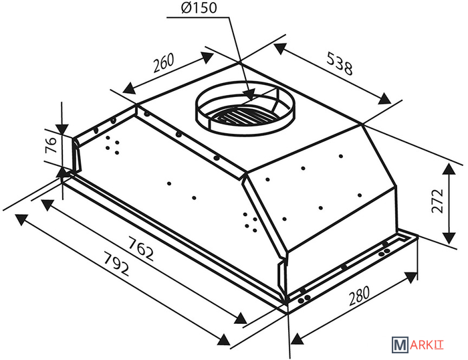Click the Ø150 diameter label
(x=199, y=9)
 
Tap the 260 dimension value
(x=164, y=63)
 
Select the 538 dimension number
(x=340, y=64)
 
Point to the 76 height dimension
(x=51, y=145)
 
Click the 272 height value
(x=438, y=201)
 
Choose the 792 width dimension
(x=116, y=264)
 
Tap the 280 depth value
(x=359, y=296)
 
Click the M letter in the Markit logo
(x=399, y=345)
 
